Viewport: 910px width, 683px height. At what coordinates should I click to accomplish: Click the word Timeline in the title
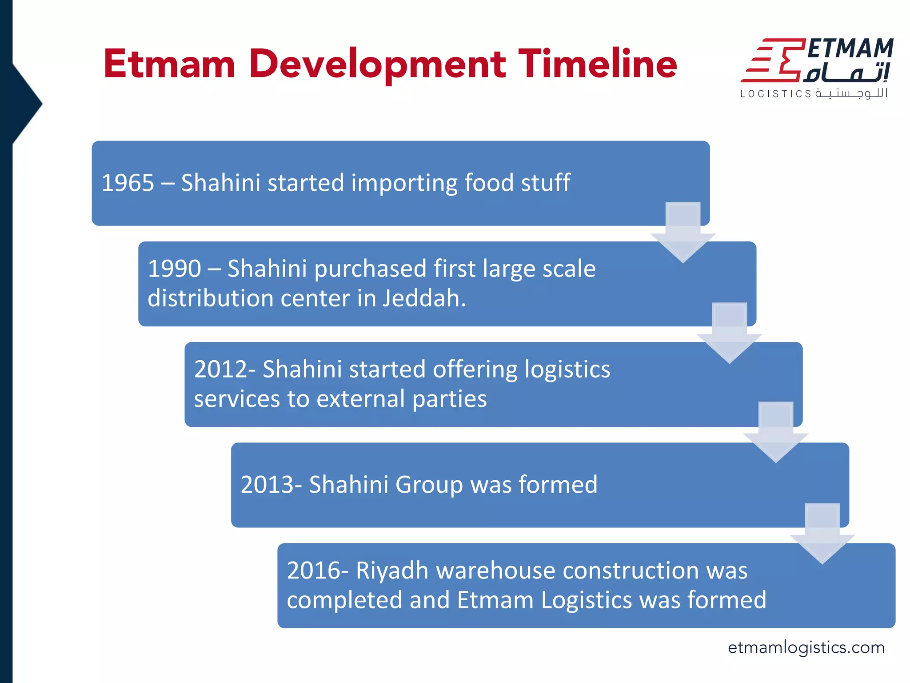[x=598, y=64]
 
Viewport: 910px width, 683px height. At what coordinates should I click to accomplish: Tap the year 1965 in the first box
[x=128, y=183]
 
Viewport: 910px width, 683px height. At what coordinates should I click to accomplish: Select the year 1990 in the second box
[x=174, y=269]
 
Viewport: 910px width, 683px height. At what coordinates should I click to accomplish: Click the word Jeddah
[x=424, y=298]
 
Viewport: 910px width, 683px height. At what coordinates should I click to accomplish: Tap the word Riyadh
[x=391, y=571]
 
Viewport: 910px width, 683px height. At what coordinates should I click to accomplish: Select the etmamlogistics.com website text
[x=806, y=647]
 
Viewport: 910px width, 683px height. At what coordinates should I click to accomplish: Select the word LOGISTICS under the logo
[x=776, y=94]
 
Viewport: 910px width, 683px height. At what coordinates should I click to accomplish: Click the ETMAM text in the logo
[x=850, y=48]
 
